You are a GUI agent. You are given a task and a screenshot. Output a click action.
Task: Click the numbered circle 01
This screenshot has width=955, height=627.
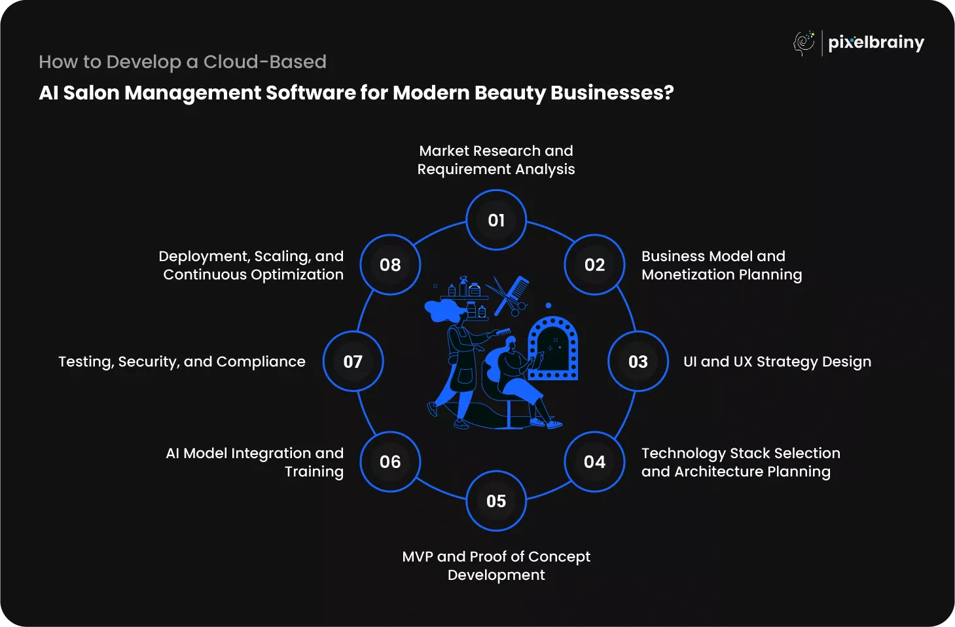(x=496, y=220)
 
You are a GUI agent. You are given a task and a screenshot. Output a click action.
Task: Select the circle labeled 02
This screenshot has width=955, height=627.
(x=594, y=264)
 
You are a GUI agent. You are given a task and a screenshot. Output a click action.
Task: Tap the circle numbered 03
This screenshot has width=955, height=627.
(x=638, y=361)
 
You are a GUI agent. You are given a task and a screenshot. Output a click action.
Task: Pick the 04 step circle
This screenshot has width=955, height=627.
(x=594, y=461)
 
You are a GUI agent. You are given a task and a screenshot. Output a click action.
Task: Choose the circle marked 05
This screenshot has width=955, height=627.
(x=496, y=501)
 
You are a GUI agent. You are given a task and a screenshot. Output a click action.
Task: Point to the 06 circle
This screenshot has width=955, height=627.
(x=390, y=461)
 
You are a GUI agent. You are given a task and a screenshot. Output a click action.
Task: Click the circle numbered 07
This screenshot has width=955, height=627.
(x=353, y=361)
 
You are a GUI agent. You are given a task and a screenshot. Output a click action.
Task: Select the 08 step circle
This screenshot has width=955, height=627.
(x=390, y=264)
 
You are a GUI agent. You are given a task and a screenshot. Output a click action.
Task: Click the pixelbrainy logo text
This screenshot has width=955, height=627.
(x=876, y=43)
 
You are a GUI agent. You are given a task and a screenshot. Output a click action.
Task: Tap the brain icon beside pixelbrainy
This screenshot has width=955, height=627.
(x=804, y=43)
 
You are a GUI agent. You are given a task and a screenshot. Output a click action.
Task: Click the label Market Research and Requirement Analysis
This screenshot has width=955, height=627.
(x=496, y=160)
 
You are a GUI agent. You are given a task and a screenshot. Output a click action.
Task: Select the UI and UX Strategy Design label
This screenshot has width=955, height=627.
(x=777, y=362)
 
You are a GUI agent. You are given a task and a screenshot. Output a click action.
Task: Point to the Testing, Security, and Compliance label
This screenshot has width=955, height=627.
(x=182, y=362)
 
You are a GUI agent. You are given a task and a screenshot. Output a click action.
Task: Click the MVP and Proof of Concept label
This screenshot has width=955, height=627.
(x=496, y=565)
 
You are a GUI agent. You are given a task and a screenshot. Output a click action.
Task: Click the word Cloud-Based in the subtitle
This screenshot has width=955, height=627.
(x=264, y=62)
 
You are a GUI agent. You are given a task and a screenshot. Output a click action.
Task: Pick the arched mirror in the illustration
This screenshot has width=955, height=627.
(x=553, y=348)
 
